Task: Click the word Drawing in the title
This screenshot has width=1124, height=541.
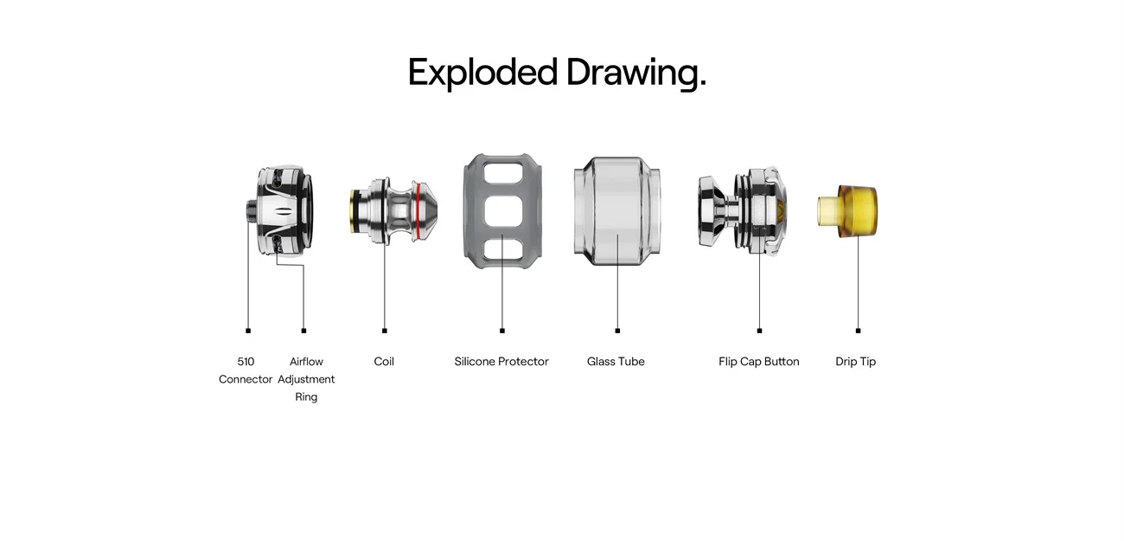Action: (635, 73)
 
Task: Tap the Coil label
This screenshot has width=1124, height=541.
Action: (384, 362)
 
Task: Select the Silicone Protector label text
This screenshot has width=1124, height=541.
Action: (501, 362)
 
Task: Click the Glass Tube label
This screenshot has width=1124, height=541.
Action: (616, 362)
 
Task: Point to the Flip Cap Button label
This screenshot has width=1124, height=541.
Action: (758, 362)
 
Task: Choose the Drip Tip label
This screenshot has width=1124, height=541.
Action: (855, 362)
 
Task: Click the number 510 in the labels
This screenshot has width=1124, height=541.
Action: (246, 362)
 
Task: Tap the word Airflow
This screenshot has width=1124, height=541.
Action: (306, 362)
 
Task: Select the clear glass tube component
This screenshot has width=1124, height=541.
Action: (617, 208)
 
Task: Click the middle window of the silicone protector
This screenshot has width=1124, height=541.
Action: (502, 210)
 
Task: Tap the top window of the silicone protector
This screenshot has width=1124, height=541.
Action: (502, 172)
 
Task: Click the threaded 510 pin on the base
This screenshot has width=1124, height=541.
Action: (250, 211)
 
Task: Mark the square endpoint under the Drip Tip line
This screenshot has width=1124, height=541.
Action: (858, 331)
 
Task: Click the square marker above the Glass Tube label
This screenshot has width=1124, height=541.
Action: (617, 331)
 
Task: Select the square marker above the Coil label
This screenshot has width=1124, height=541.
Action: (385, 331)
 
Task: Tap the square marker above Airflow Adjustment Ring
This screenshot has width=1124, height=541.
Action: (303, 331)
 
